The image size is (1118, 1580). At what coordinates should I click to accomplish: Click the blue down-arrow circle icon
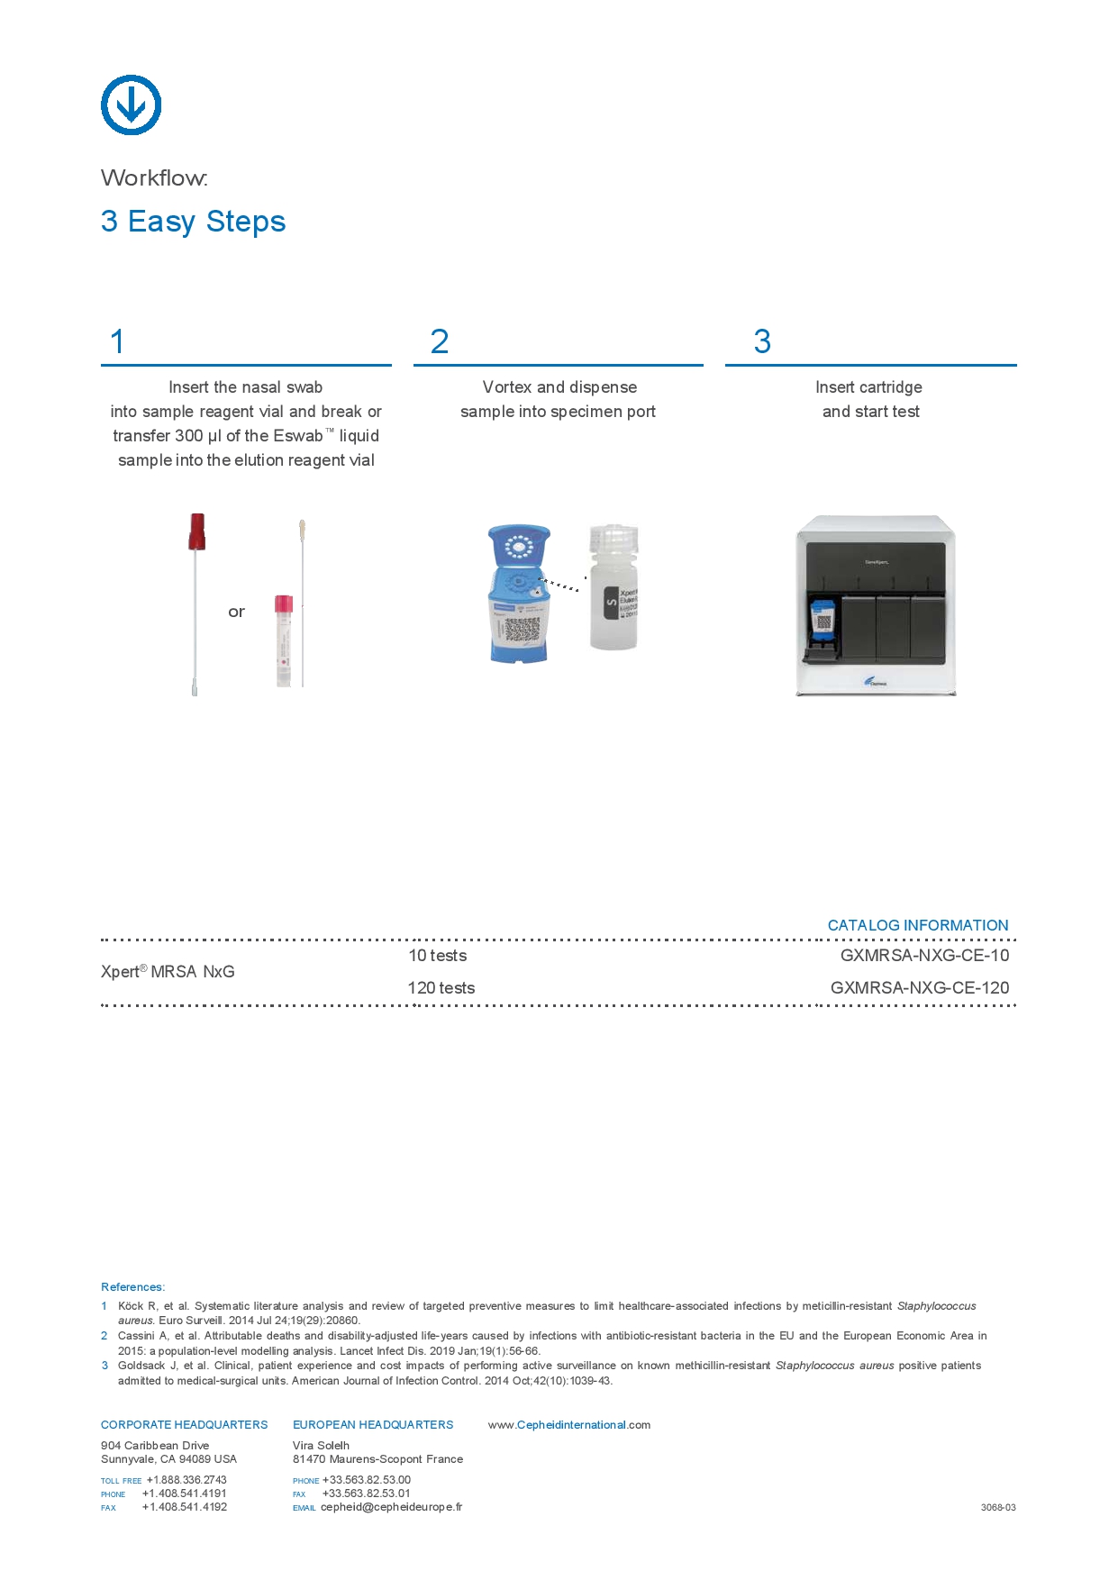(132, 105)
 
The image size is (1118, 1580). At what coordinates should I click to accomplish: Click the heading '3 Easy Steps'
(193, 222)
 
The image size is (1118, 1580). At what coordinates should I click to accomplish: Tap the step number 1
(117, 342)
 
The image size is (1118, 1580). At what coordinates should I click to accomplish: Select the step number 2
(440, 342)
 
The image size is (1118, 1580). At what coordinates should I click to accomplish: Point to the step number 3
(762, 342)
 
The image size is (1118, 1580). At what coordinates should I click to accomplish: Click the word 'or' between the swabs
(236, 613)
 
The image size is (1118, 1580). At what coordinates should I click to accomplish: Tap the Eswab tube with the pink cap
(284, 640)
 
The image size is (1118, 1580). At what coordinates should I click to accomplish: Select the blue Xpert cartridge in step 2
(518, 595)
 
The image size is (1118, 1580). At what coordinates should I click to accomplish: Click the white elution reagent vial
(614, 587)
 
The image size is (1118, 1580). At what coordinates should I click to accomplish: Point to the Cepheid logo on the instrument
(874, 682)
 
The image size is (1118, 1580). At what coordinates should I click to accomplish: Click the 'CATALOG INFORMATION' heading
(917, 925)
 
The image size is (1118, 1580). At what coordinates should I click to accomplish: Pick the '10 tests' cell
(438, 956)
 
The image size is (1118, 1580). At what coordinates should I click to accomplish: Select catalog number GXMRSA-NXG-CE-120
(919, 988)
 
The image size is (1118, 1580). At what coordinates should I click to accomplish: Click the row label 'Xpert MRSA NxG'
(168, 972)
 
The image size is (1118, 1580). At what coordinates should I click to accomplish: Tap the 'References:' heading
(132, 1287)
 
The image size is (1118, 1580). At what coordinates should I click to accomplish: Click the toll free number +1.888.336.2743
(186, 1480)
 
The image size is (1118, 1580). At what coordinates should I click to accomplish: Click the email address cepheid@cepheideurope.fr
(391, 1507)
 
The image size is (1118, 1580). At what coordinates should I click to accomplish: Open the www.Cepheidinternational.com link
(569, 1425)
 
